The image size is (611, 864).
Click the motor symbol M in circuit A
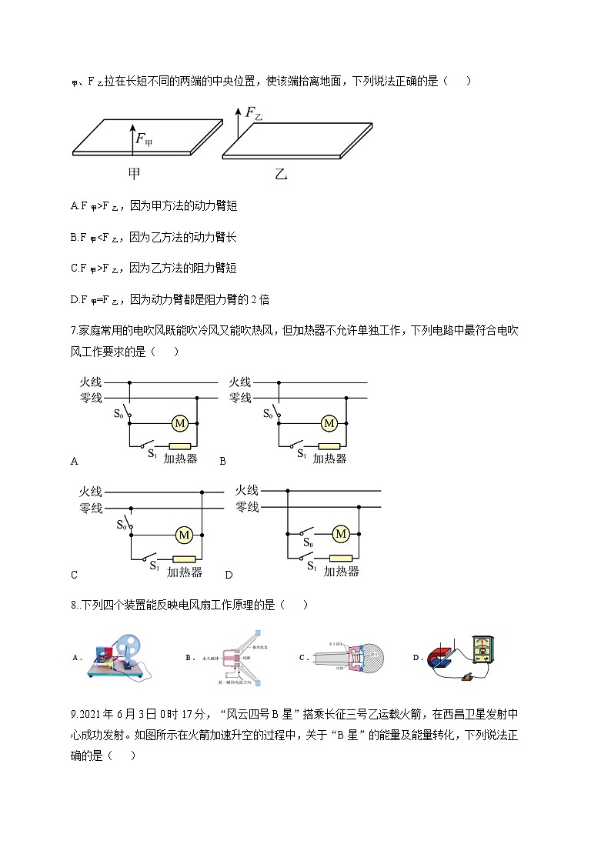pyautogui.click(x=180, y=423)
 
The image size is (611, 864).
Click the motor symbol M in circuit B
pyautogui.click(x=329, y=423)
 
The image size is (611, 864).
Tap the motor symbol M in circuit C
pyautogui.click(x=184, y=534)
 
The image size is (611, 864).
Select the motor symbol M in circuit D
pyautogui.click(x=341, y=533)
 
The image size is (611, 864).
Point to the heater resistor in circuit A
pyautogui.click(x=180, y=446)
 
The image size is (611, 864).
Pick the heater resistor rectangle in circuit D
pyautogui.click(x=341, y=558)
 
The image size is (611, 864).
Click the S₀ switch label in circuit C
pyautogui.click(x=122, y=525)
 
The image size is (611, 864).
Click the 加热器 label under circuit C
pyautogui.click(x=185, y=572)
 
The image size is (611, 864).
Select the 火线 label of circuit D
pyautogui.click(x=247, y=490)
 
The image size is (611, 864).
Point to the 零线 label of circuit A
pyautogui.click(x=91, y=398)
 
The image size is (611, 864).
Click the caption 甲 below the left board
pyautogui.click(x=134, y=174)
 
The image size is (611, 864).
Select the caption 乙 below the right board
pyautogui.click(x=280, y=175)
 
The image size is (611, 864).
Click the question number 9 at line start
pyautogui.click(x=72, y=715)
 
